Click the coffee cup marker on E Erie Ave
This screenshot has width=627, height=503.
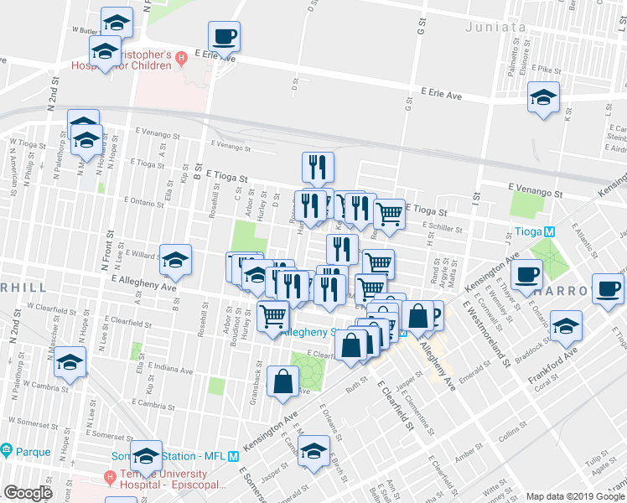point(224,37)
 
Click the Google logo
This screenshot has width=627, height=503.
point(28,493)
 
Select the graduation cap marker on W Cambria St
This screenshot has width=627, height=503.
point(70,364)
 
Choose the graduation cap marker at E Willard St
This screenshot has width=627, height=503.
point(175,260)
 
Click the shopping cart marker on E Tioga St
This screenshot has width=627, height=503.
point(389,214)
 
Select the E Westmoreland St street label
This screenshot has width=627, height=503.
point(495,336)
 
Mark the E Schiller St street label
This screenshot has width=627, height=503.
point(443,226)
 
